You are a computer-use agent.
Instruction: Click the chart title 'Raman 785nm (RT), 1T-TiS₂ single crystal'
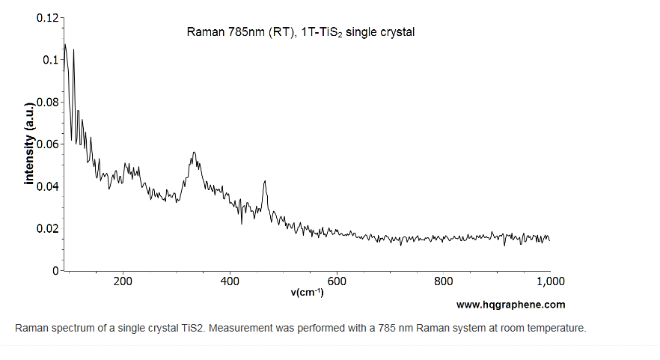point(300,32)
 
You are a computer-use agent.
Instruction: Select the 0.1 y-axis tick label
point(51,59)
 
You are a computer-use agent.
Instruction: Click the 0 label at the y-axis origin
point(56,270)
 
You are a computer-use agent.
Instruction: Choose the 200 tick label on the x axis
point(123,281)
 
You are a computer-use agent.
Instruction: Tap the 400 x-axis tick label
point(230,281)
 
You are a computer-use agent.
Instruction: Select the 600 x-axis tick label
point(337,281)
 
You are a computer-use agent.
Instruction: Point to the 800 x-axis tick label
point(444,281)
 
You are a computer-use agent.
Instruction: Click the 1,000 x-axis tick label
point(550,281)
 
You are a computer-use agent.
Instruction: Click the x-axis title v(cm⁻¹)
point(307,292)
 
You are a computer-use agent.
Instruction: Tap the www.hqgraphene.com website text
point(510,305)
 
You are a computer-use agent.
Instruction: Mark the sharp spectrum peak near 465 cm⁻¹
point(265,181)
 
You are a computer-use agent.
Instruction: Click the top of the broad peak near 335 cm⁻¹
point(194,153)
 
